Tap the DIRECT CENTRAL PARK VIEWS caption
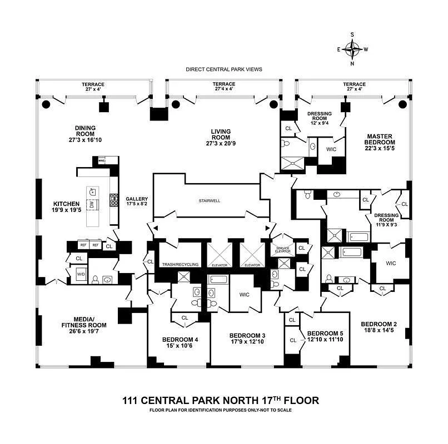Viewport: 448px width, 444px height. [224, 69]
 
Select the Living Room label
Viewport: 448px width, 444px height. [221, 132]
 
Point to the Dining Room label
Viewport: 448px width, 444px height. [85, 128]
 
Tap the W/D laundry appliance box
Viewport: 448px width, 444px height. [81, 274]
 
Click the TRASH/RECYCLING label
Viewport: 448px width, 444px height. [180, 265]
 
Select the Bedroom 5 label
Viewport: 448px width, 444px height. [322, 334]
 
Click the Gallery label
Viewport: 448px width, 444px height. [136, 198]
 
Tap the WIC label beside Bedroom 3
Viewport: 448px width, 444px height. [245, 295]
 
